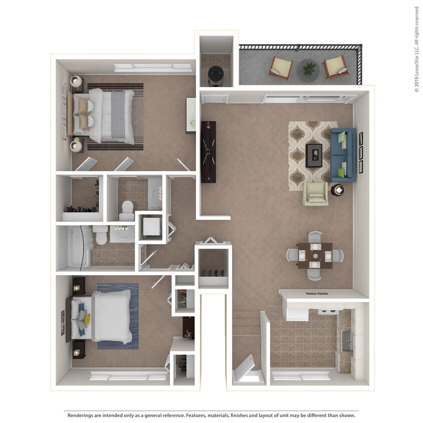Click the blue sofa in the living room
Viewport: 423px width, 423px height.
(343, 155)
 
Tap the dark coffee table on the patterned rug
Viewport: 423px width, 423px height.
(314, 155)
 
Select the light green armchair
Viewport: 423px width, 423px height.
(315, 193)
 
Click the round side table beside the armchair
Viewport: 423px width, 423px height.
(337, 190)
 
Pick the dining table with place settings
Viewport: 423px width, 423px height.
(314, 255)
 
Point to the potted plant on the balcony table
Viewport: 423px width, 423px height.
(308, 68)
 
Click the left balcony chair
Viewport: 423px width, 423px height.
(281, 67)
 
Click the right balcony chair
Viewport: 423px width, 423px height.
(335, 66)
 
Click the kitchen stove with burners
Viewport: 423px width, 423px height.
(328, 311)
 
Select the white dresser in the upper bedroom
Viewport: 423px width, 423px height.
(191, 115)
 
